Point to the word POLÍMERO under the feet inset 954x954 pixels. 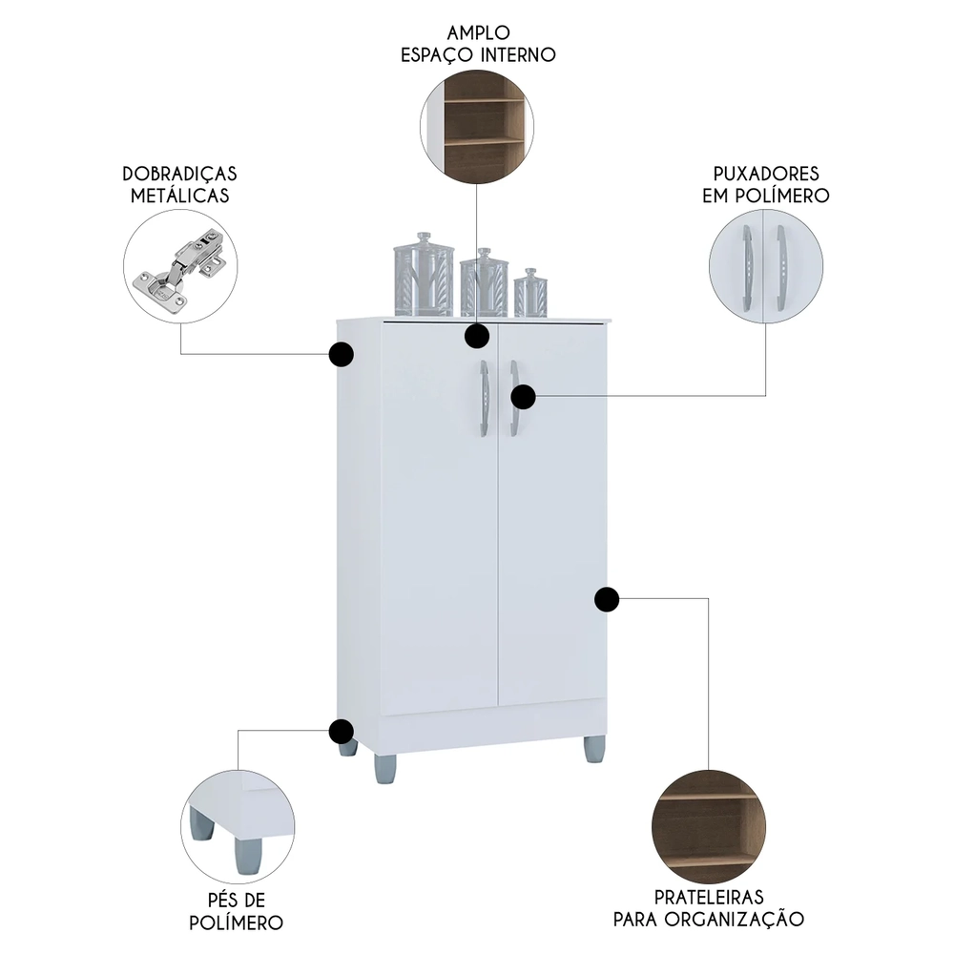click(235, 923)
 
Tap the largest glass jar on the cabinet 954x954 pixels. click(423, 274)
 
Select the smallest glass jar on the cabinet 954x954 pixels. click(529, 293)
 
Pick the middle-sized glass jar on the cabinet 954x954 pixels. click(484, 283)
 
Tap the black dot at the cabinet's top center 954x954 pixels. click(477, 336)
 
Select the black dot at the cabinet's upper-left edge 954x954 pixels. click(341, 355)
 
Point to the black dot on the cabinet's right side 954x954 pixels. click(607, 599)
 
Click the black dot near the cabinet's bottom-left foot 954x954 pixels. click(341, 732)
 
